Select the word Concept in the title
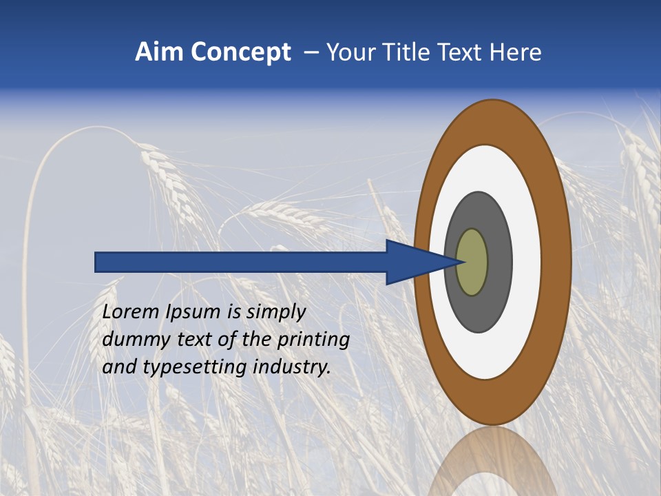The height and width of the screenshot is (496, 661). coord(240,53)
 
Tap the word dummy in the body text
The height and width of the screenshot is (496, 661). coord(132,340)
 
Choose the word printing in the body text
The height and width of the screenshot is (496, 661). coord(313,340)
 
